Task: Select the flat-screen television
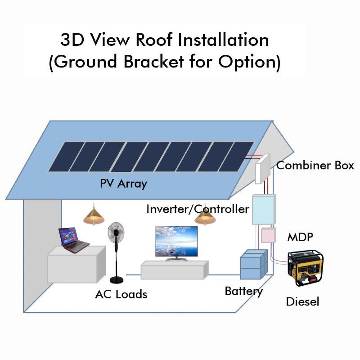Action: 176,241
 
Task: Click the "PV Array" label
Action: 123,184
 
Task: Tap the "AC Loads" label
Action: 121,294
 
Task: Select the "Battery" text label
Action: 243,291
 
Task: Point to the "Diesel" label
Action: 302,301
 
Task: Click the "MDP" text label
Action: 300,237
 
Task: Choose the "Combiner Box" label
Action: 315,165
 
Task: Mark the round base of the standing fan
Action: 117,280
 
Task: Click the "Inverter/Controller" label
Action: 198,209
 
